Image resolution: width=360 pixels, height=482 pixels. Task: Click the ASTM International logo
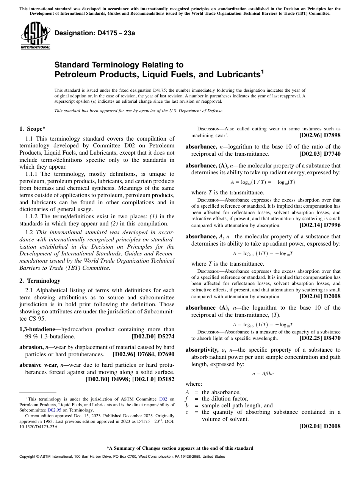click(35, 36)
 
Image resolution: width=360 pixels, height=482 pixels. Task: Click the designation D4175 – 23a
click(95, 33)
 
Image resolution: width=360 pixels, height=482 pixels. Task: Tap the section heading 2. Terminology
click(40, 281)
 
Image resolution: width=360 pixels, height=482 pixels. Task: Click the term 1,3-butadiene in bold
click(39, 330)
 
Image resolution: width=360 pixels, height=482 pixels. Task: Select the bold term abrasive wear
click(39, 365)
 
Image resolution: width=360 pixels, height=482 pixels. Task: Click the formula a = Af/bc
click(263, 373)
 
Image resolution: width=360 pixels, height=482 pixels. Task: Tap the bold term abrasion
click(31, 347)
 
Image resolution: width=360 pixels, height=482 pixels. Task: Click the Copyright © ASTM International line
click(122, 457)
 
